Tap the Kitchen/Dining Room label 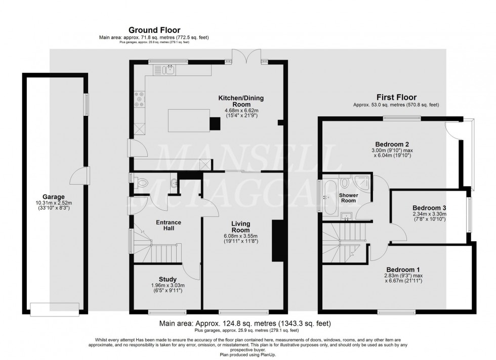click(x=241, y=101)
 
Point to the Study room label click(x=168, y=279)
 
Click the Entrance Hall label click(x=168, y=226)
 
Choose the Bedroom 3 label click(x=429, y=208)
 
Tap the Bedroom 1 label click(x=403, y=269)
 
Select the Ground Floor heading click(x=154, y=30)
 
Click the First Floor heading click(x=396, y=97)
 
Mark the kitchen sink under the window click(x=171, y=70)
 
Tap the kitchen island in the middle click(x=188, y=119)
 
